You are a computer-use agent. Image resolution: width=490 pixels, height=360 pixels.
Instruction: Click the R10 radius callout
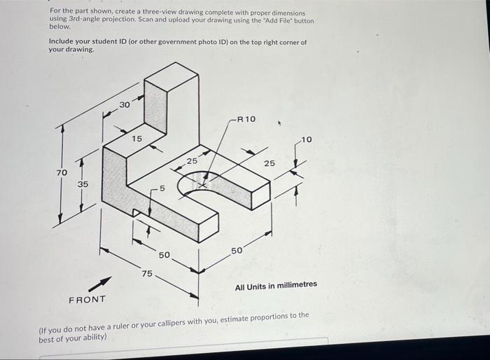click(x=246, y=119)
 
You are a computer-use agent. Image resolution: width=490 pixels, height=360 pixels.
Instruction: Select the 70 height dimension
click(x=62, y=172)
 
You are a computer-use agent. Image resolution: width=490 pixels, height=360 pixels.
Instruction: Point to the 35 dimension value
click(x=83, y=184)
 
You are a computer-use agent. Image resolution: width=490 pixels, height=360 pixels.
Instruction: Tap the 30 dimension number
click(x=124, y=104)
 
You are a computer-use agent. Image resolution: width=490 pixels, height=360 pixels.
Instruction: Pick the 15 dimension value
click(x=137, y=139)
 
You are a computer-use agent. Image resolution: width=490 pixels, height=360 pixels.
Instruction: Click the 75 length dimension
click(x=147, y=273)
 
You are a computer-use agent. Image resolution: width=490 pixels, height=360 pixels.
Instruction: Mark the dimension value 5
click(x=162, y=188)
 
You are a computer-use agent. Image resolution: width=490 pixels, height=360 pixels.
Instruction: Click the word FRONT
click(x=87, y=300)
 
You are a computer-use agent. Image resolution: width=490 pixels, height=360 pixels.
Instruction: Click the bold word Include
click(x=63, y=42)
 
